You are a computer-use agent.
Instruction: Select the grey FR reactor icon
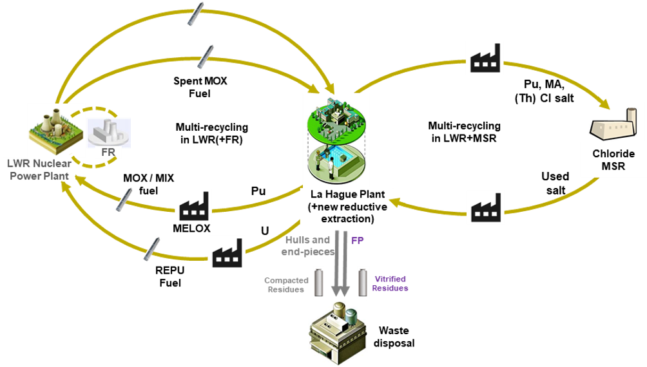coord(108,132)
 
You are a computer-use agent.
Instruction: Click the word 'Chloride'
coord(613,154)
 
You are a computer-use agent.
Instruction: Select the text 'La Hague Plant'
coord(348,194)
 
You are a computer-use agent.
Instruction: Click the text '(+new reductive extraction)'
coord(349,213)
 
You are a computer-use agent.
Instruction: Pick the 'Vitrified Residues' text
coord(390,284)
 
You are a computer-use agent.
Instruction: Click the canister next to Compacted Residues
coord(320,283)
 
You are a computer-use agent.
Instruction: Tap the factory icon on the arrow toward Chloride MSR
coord(485,57)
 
